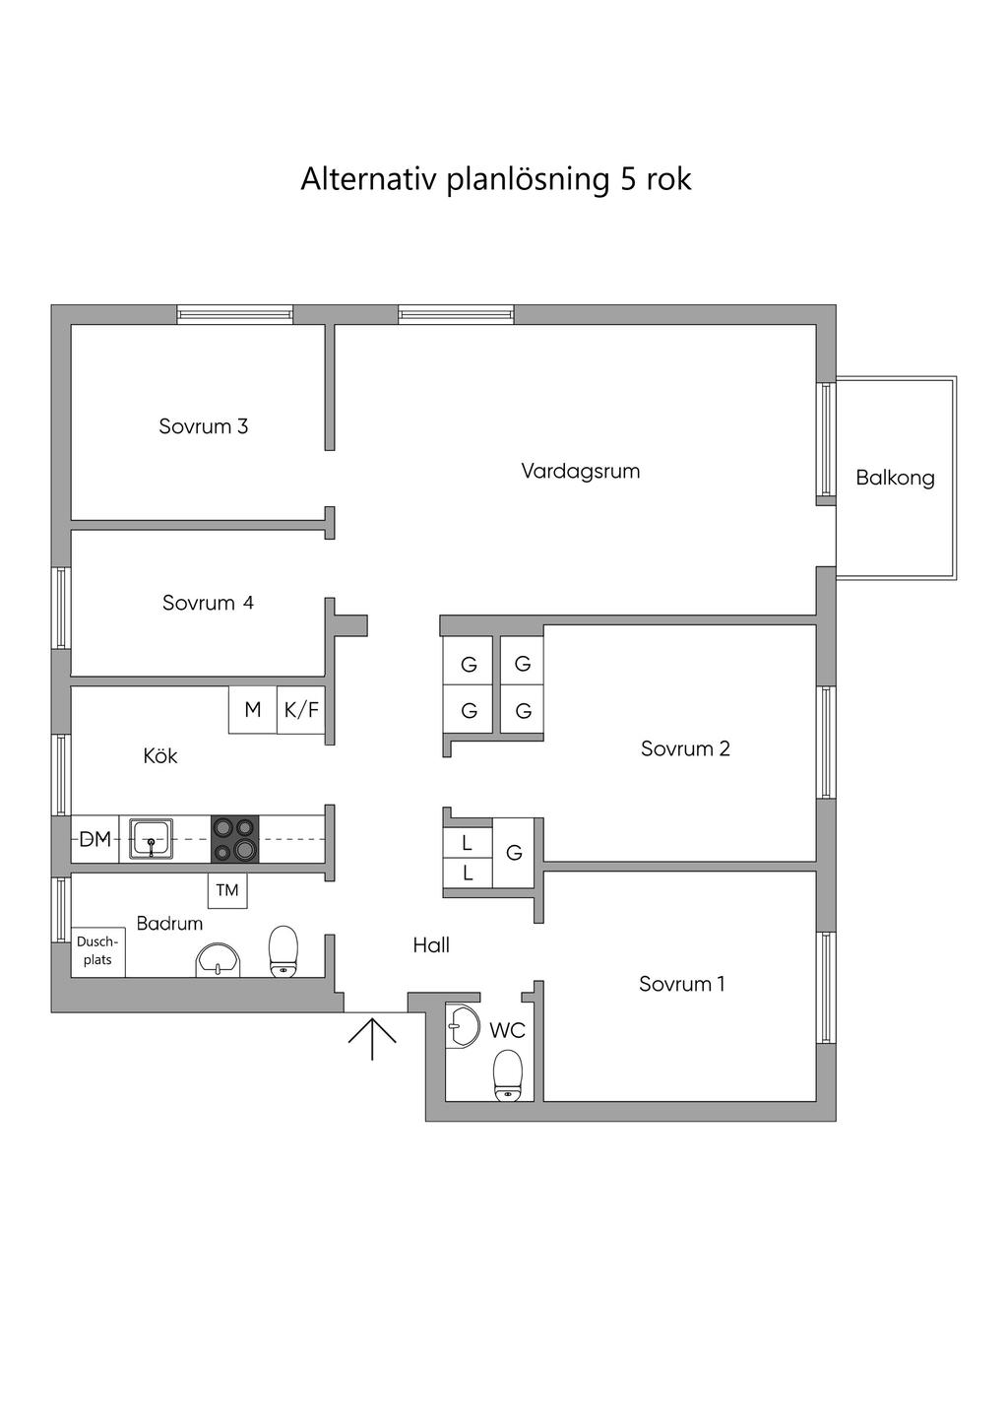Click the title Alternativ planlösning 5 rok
[496, 180]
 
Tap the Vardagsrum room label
[581, 472]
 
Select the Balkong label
[895, 478]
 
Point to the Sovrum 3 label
[204, 425]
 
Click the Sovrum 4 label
[208, 603]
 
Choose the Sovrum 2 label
[685, 748]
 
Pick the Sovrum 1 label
[682, 984]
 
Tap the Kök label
[160, 756]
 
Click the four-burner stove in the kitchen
[235, 839]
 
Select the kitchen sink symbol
[151, 839]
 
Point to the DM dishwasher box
[94, 839]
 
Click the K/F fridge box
[301, 710]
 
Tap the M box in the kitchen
[253, 710]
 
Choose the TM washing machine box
[227, 890]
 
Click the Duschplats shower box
[98, 951]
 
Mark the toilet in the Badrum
[283, 951]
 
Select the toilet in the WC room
[508, 1075]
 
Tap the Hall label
[431, 945]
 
